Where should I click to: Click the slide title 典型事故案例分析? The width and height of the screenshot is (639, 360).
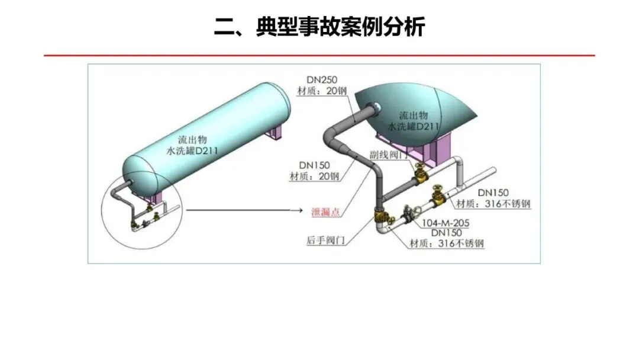[x=319, y=27]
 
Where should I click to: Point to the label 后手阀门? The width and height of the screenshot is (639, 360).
[x=325, y=240]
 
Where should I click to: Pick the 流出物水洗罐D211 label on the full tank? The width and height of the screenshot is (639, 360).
[x=193, y=146]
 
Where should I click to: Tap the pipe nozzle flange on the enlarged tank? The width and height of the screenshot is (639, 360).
[x=374, y=107]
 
